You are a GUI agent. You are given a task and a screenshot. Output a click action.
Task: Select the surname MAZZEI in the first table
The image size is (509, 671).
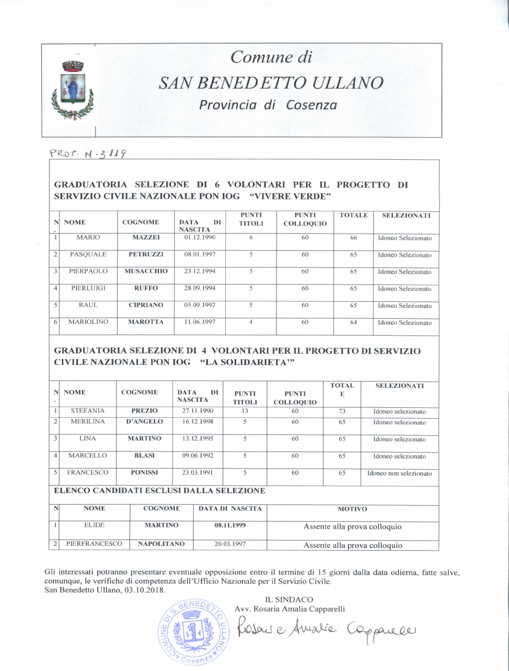click(x=146, y=237)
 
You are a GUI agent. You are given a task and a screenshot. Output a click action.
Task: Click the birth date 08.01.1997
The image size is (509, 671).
click(x=200, y=254)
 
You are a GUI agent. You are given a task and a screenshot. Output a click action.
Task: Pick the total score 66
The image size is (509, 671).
click(x=353, y=238)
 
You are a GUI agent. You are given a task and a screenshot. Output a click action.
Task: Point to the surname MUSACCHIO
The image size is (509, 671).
click(x=146, y=271)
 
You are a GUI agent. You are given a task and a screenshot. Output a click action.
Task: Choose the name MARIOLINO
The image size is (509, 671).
click(x=88, y=322)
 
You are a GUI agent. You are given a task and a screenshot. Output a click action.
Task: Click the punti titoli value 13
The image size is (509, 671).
click(x=245, y=411)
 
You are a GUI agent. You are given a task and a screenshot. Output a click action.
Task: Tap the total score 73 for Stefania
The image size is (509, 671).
click(x=342, y=411)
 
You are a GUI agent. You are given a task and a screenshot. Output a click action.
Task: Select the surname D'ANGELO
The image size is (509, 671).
click(x=144, y=422)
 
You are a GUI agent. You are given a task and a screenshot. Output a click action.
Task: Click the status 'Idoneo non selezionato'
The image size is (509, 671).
click(x=399, y=473)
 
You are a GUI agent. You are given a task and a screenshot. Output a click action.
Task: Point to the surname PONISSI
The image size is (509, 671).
click(x=144, y=473)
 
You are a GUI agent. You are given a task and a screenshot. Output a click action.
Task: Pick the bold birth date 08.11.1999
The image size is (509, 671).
click(x=230, y=525)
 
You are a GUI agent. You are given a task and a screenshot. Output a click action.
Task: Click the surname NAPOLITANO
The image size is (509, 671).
click(x=161, y=544)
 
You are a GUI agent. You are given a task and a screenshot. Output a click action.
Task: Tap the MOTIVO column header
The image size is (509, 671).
click(x=352, y=509)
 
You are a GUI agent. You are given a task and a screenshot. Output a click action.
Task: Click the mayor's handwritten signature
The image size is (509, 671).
click(x=328, y=628)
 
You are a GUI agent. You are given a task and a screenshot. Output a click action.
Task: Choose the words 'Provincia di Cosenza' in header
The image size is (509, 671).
click(x=268, y=105)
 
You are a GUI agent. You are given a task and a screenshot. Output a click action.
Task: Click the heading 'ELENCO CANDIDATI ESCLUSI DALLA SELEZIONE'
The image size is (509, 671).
click(x=159, y=491)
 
